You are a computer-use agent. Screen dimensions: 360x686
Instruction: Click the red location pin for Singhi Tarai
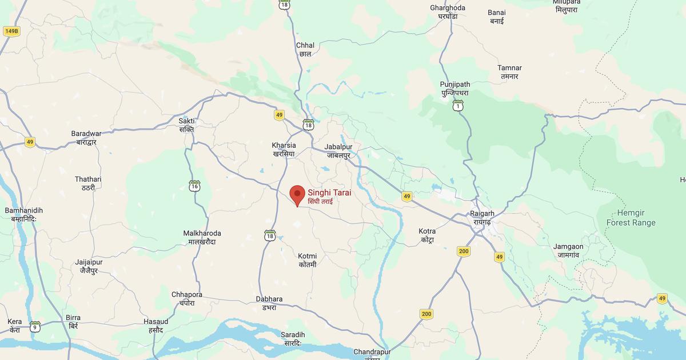(297, 194)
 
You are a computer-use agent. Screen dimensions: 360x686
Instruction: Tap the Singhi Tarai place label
(329, 197)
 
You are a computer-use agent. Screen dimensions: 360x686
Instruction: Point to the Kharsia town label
(284, 150)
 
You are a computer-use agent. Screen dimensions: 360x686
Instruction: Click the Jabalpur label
(338, 151)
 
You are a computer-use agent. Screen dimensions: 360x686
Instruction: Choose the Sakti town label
(187, 125)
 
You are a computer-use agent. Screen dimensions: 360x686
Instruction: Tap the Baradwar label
(86, 137)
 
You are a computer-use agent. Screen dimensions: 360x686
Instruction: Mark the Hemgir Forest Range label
(631, 218)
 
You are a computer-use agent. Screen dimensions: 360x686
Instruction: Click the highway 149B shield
(11, 31)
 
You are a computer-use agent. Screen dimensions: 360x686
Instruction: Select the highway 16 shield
(195, 186)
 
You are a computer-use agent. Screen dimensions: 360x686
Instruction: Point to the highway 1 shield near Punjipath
(457, 105)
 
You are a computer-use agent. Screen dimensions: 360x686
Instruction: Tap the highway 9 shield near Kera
(35, 326)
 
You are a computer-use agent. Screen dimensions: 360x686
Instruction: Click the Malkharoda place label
(202, 237)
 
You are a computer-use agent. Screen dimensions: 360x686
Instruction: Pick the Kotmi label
(308, 260)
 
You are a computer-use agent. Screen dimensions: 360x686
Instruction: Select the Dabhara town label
(269, 303)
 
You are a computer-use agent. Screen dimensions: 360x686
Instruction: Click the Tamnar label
(509, 72)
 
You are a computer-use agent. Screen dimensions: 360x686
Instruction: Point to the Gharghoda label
(448, 12)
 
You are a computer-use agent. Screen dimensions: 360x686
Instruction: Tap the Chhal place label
(305, 49)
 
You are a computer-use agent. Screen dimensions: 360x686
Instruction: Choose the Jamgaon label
(568, 251)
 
